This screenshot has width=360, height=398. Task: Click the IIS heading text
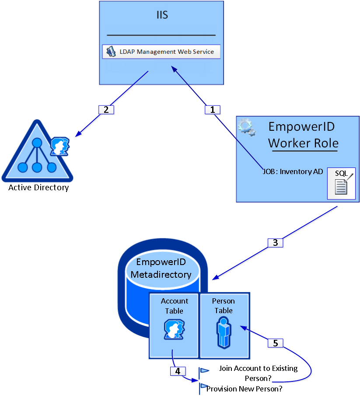click(162, 15)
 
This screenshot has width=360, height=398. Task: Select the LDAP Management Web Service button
click(161, 52)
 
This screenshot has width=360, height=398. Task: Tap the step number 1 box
click(213, 110)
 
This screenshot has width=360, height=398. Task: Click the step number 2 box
click(106, 110)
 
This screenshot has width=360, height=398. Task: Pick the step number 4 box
click(177, 371)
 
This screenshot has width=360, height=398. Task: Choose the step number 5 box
click(275, 343)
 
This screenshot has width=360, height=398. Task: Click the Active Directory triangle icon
click(37, 153)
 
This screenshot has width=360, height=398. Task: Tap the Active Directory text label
click(38, 188)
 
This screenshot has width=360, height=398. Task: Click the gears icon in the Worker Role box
click(245, 127)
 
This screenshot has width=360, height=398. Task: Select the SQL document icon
click(341, 183)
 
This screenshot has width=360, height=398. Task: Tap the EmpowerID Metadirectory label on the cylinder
click(161, 268)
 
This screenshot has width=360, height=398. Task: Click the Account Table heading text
click(175, 306)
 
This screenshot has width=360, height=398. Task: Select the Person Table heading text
click(224, 306)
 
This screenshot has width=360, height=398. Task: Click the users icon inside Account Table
click(174, 329)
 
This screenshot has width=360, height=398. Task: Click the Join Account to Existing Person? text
click(258, 373)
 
